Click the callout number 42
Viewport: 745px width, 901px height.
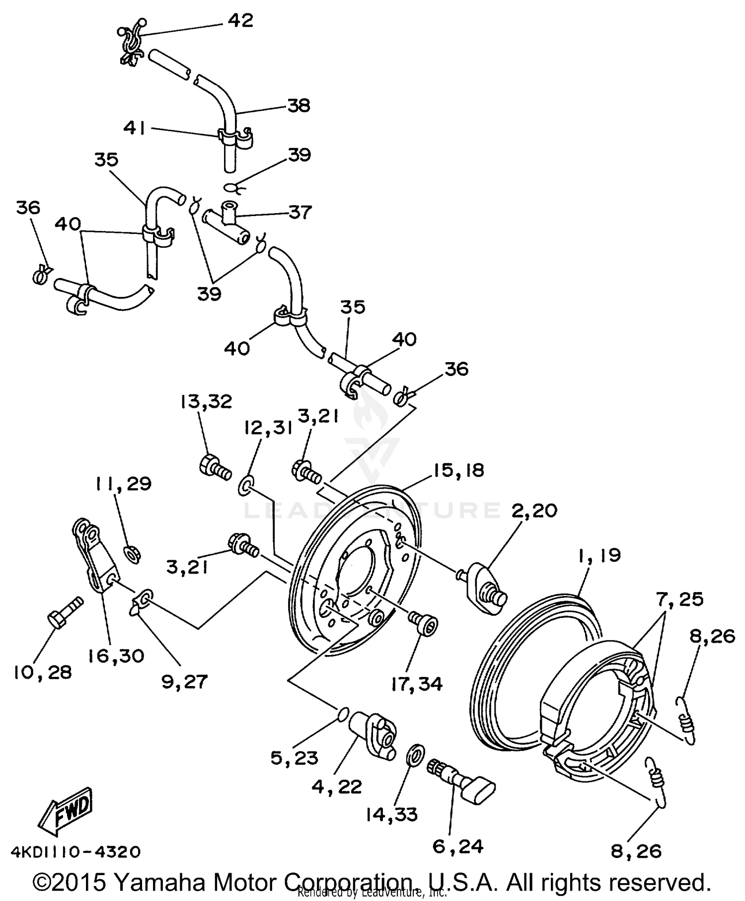(240, 20)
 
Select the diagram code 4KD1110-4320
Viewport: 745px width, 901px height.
(76, 852)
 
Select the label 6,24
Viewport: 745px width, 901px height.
(458, 846)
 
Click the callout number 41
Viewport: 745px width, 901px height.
(135, 129)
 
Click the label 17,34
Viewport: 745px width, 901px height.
(416, 684)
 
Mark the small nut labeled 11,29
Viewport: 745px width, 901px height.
(132, 553)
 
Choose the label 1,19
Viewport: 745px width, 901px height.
(599, 555)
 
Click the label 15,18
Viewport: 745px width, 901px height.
(458, 470)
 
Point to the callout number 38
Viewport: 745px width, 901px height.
(298, 105)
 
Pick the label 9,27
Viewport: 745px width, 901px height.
(184, 681)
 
